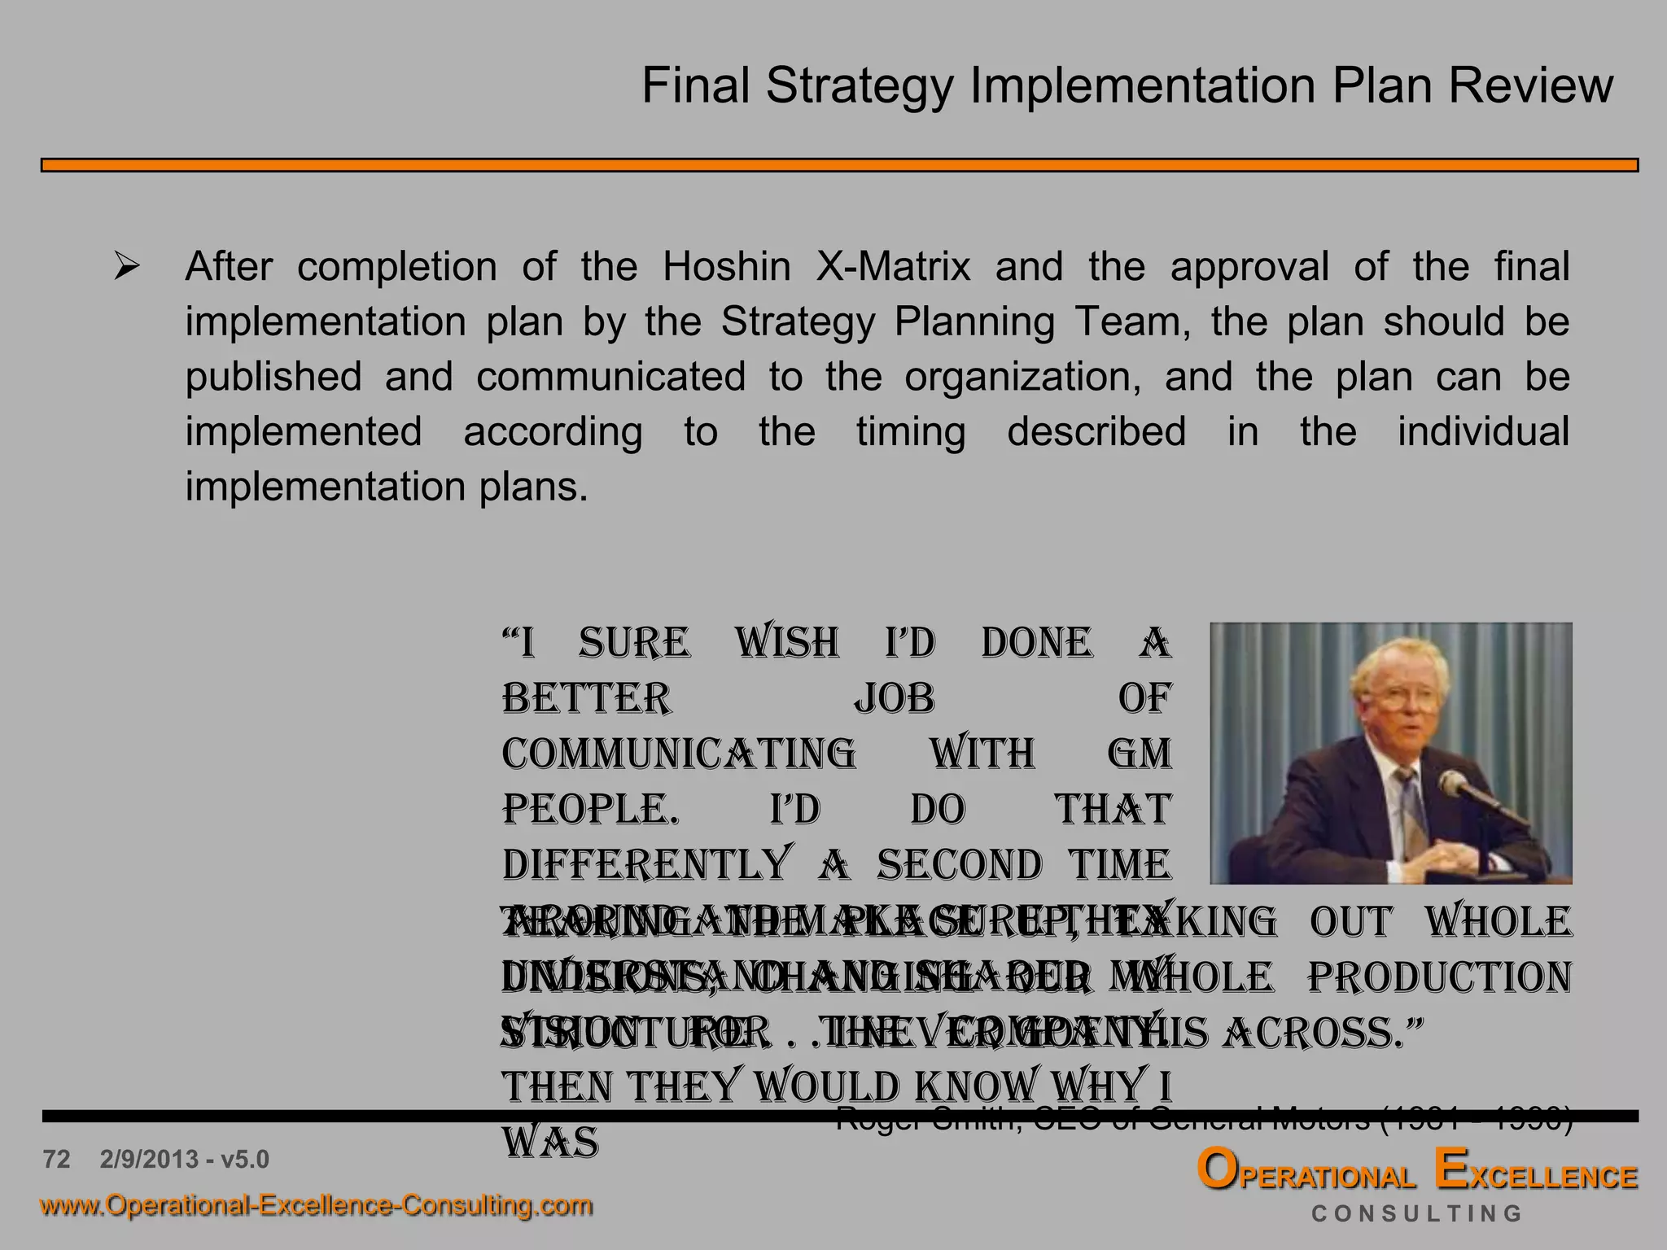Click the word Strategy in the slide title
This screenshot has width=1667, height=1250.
click(x=859, y=86)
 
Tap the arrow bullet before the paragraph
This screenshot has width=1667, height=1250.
click(x=127, y=266)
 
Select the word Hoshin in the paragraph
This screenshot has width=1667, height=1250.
click(x=726, y=267)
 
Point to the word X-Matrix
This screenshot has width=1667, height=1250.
click(x=893, y=267)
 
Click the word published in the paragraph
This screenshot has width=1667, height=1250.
click(x=273, y=377)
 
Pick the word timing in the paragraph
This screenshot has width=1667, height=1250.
click(x=911, y=431)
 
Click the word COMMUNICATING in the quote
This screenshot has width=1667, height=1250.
click(x=679, y=754)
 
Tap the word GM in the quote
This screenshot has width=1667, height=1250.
click(x=1140, y=754)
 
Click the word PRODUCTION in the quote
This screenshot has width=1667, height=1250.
click(x=1439, y=977)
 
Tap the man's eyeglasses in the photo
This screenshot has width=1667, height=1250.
click(x=1398, y=697)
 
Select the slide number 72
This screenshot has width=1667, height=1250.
click(x=57, y=1159)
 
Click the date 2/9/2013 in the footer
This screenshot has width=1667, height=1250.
click(x=150, y=1159)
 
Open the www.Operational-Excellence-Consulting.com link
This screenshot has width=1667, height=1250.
click(x=317, y=1204)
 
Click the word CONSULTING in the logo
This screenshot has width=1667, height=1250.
click(x=1416, y=1214)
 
